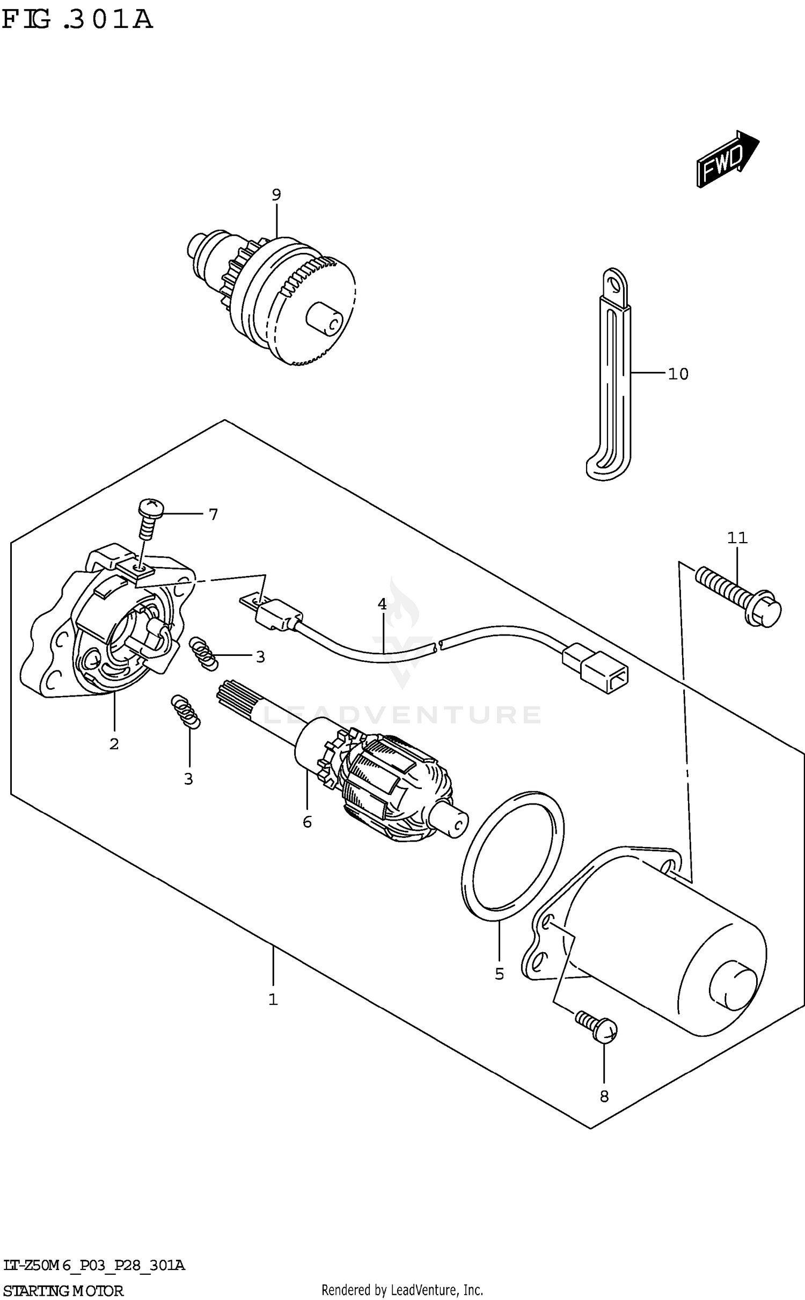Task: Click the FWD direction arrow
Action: point(727,159)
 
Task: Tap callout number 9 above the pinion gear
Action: point(276,195)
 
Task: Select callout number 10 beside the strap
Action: point(678,374)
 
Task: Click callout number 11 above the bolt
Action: point(737,537)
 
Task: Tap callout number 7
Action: point(214,515)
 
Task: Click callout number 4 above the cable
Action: point(382,604)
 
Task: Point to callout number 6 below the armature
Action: point(307,822)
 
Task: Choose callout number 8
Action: point(604,1097)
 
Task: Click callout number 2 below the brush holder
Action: point(114,744)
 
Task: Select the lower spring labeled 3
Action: point(186,711)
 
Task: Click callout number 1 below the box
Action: point(273,999)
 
